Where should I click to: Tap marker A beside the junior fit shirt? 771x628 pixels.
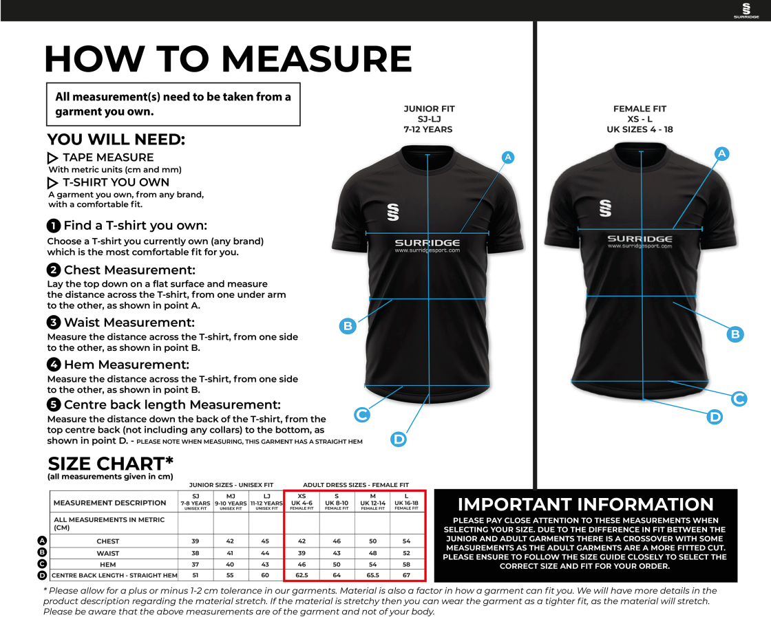[x=508, y=158]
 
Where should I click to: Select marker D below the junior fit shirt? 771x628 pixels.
[x=399, y=439]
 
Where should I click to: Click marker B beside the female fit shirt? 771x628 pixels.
[x=735, y=334]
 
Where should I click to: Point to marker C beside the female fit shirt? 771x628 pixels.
[x=739, y=398]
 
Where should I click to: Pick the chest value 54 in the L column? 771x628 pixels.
[x=407, y=541]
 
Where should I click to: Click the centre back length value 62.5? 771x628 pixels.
[x=302, y=575]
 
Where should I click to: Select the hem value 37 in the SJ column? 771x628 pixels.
[x=196, y=564]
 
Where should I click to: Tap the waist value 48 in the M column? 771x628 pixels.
[x=372, y=553]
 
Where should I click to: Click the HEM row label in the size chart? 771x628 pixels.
[x=108, y=564]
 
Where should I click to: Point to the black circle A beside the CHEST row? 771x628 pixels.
[x=42, y=541]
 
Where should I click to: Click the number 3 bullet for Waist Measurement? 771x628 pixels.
[x=53, y=323]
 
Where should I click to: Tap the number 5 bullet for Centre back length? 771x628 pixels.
[x=53, y=405]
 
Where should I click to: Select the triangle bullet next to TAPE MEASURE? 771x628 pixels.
[x=52, y=158]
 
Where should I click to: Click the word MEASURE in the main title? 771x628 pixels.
[x=316, y=59]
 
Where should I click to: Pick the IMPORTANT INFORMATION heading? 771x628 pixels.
[x=586, y=505]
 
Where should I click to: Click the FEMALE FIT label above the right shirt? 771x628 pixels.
[x=640, y=109]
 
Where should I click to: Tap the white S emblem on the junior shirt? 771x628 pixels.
[x=393, y=212]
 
